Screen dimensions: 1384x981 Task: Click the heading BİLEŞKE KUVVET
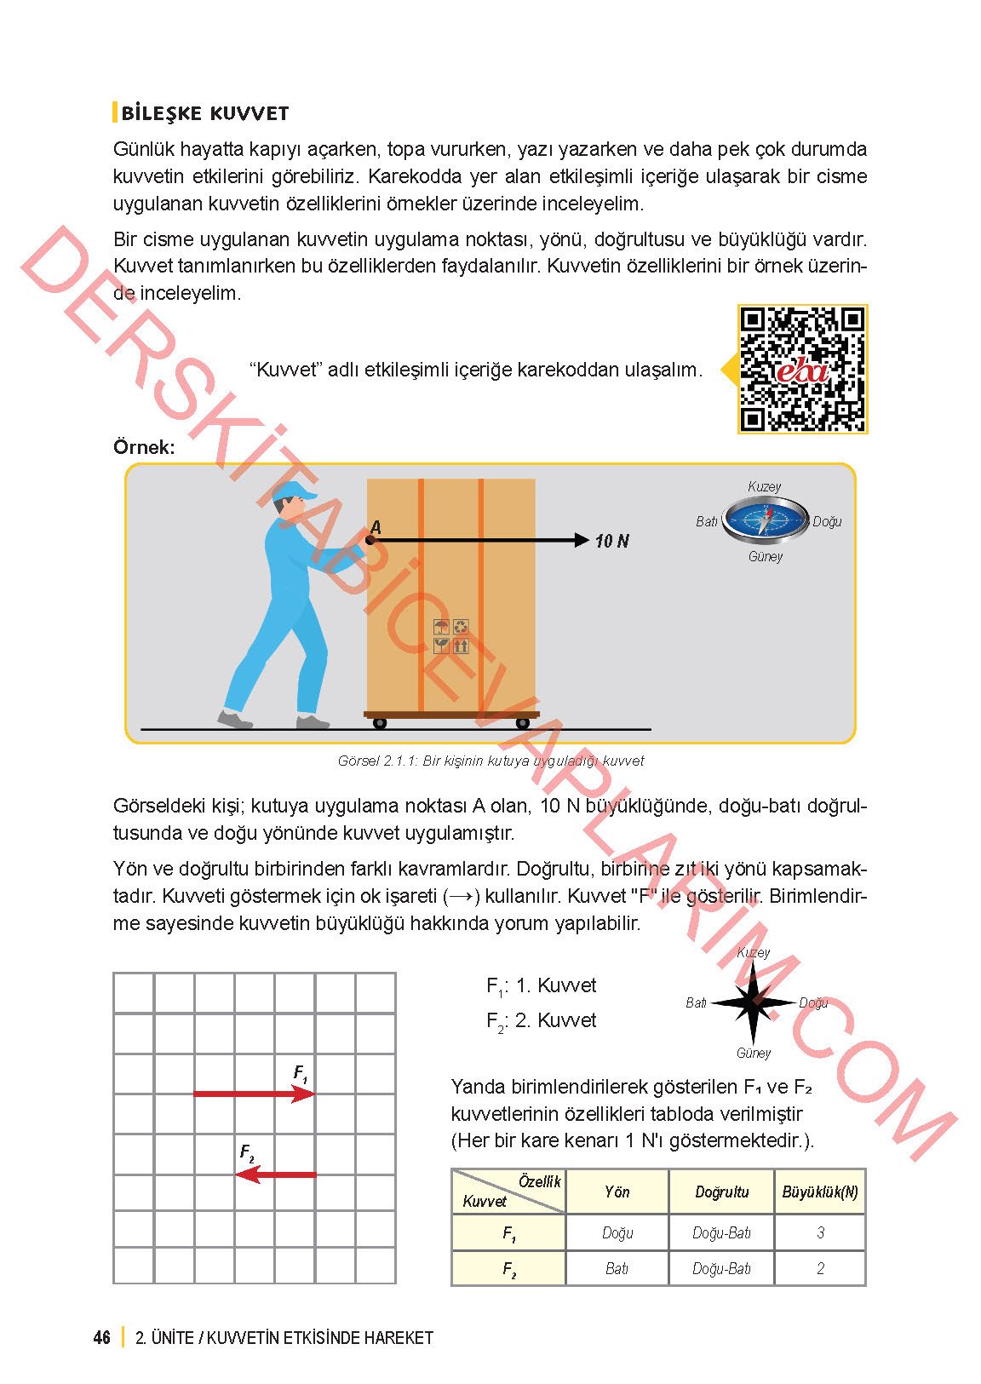pos(204,113)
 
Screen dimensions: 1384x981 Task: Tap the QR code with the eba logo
pos(801,369)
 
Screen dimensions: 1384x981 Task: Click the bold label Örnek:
pos(144,447)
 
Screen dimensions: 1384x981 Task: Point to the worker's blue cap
pos(294,491)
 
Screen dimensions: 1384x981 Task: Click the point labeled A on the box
pos(370,539)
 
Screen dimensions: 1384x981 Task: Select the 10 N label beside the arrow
pos(611,541)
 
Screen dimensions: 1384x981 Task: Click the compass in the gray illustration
pos(765,520)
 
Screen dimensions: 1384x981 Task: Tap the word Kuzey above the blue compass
pos(764,486)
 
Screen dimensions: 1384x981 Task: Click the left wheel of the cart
pos(380,723)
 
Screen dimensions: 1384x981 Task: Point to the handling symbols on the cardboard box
pos(451,636)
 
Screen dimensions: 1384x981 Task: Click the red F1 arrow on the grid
pos(254,1094)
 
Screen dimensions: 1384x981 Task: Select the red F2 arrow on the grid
pos(276,1174)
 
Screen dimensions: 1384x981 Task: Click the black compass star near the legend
pos(752,1002)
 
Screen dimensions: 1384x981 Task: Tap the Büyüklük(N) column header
pos(819,1192)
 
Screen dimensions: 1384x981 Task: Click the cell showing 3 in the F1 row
pos(820,1232)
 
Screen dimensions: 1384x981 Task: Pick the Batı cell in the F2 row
pos(617,1268)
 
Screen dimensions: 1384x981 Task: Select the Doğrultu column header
pos(721,1192)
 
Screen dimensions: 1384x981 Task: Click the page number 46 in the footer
pos(102,1337)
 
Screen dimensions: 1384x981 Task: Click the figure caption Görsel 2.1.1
pos(490,761)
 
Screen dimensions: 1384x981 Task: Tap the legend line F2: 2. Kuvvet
pos(541,1020)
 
